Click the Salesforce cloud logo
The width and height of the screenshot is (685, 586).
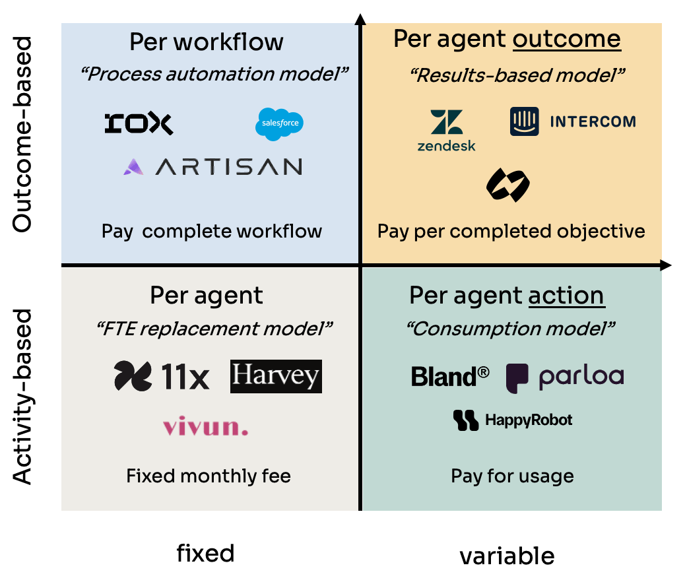(280, 124)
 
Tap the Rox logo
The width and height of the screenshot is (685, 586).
(139, 123)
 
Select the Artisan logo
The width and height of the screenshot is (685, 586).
(212, 166)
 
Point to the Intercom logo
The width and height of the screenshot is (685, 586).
(572, 121)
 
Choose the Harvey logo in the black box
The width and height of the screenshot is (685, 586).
(276, 376)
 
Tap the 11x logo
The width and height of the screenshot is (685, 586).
(162, 376)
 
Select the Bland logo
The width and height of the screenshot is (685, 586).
(450, 376)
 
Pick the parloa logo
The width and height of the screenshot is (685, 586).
(565, 377)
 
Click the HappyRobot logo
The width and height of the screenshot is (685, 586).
(512, 420)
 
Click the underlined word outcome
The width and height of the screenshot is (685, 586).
(567, 39)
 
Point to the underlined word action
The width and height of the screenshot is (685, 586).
(566, 295)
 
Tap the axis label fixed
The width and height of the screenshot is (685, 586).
(205, 552)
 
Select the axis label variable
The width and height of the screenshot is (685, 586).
(507, 556)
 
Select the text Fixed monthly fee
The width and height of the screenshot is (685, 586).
(209, 476)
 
